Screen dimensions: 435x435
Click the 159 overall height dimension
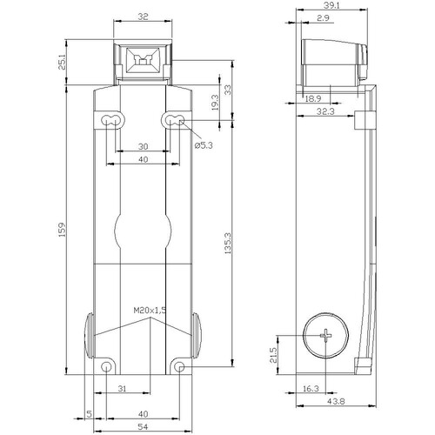click(x=63, y=230)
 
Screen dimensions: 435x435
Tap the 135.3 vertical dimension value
click(x=228, y=243)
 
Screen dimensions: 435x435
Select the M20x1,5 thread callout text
click(x=150, y=311)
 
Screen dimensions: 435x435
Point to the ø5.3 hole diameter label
click(x=204, y=145)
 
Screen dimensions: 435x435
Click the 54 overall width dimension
click(x=143, y=426)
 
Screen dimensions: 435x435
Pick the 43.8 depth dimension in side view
click(x=336, y=401)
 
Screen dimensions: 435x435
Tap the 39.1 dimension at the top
click(x=331, y=5)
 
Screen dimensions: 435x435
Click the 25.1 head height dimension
click(x=63, y=62)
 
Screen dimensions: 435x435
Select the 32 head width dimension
click(x=143, y=17)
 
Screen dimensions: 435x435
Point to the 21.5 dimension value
click(x=273, y=355)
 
